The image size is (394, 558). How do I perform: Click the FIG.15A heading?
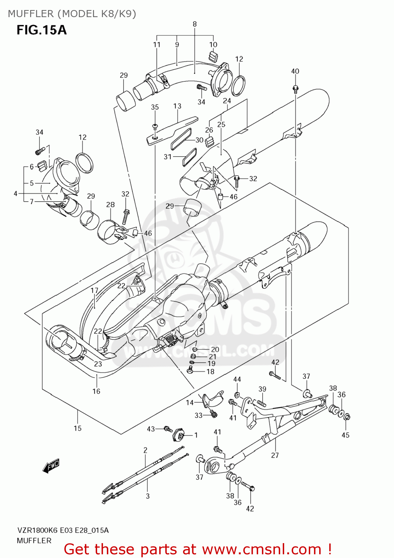click(41, 30)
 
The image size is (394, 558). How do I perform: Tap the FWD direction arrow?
click(51, 465)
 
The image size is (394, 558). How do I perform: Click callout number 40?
click(295, 71)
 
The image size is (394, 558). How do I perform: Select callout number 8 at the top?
click(195, 24)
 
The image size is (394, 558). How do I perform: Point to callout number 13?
click(177, 106)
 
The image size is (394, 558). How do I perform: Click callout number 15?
click(77, 428)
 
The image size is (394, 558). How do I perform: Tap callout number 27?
click(275, 455)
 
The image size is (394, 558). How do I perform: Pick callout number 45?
click(345, 435)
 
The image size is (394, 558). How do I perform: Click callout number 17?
click(95, 291)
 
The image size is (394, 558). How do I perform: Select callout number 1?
click(196, 435)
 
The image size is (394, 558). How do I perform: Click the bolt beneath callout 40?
click(295, 89)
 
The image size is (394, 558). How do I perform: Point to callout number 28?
click(110, 205)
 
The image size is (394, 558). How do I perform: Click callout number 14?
click(190, 403)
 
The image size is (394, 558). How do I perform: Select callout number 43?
click(151, 429)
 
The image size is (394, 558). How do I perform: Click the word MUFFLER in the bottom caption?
click(34, 541)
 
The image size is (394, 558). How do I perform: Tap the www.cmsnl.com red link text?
click(262, 549)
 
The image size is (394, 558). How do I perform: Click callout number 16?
click(96, 391)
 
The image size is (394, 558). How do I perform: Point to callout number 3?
click(148, 496)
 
